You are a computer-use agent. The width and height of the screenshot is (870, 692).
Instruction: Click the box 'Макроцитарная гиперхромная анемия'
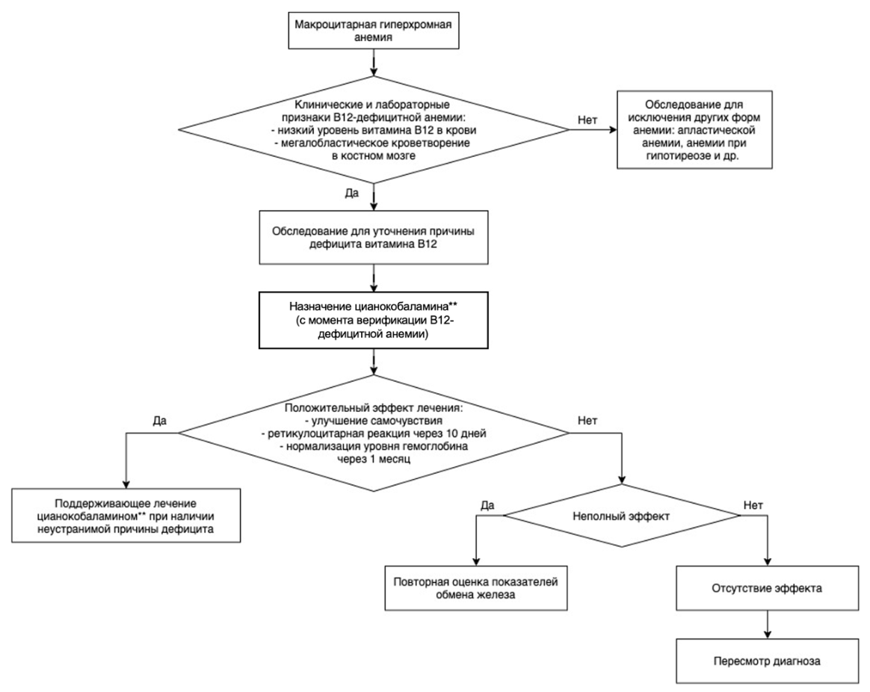pos(374,31)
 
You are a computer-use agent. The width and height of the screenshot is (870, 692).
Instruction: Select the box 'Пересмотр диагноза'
pos(767,661)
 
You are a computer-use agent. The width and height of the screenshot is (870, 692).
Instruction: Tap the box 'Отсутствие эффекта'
pos(767,588)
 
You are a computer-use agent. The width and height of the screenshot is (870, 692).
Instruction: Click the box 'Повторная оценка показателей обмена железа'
pos(476,588)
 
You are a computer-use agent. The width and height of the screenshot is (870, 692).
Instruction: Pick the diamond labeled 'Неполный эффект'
pos(621,516)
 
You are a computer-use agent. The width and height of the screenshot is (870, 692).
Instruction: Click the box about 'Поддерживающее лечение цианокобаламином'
pos(126,516)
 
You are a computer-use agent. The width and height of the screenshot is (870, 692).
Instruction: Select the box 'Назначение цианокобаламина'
pos(374,320)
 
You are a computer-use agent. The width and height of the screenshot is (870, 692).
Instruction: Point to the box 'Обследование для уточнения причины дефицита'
pos(374,237)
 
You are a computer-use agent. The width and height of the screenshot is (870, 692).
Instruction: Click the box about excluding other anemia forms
pos(694,130)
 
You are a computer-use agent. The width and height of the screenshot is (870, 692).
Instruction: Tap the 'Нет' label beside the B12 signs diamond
pos(587,120)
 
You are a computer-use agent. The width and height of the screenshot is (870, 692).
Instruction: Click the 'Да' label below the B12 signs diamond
pos(352,193)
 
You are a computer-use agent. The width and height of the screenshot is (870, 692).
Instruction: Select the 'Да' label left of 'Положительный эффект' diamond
pos(160,421)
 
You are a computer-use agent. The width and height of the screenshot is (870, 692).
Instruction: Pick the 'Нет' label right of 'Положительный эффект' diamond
pos(587,421)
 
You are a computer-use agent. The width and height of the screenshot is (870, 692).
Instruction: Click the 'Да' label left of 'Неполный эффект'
pos(488,505)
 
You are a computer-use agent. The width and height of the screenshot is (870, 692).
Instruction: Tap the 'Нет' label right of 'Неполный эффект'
pos(753,505)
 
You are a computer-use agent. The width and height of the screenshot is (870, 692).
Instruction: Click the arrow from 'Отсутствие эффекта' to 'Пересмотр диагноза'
pos(768,624)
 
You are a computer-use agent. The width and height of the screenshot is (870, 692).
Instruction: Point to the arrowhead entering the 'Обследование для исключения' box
pos(613,130)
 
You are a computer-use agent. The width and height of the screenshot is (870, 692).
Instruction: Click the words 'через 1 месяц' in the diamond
pos(374,459)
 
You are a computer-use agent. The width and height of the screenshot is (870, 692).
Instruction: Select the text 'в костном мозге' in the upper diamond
pos(374,156)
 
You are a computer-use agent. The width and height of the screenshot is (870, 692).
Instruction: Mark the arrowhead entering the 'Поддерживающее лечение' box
pos(126,484)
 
